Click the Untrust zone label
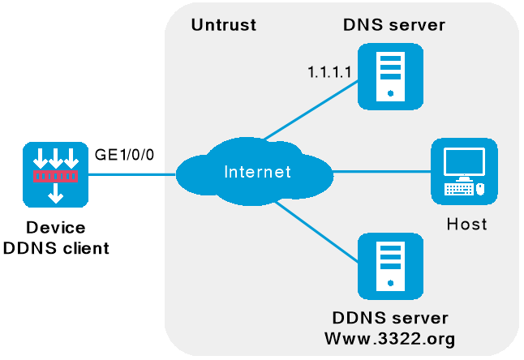pyautogui.click(x=223, y=25)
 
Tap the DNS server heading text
pyautogui.click(x=393, y=25)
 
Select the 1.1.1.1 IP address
pyautogui.click(x=329, y=74)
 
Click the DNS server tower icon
pyautogui.click(x=391, y=75)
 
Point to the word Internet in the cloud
pyautogui.click(x=256, y=172)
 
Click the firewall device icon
pyautogui.click(x=55, y=174)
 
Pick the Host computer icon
pyautogui.click(x=464, y=171)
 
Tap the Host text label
pyautogui.click(x=466, y=224)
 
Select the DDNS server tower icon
pyautogui.click(x=391, y=265)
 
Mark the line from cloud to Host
pyautogui.click(x=381, y=172)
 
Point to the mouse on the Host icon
pyautogui.click(x=480, y=190)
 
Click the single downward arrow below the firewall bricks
pyautogui.click(x=55, y=193)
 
